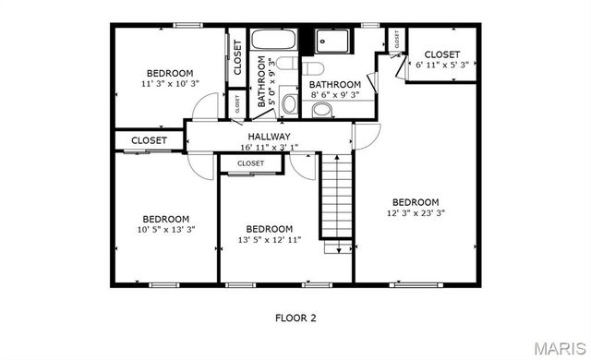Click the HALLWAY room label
(x=269, y=137)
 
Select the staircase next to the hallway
(x=338, y=198)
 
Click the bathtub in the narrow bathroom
(x=273, y=42)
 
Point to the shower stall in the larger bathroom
(x=331, y=42)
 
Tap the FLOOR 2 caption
(x=295, y=318)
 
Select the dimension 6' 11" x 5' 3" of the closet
(x=443, y=65)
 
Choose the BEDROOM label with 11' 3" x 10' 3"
(x=170, y=73)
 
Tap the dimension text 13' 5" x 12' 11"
(x=269, y=240)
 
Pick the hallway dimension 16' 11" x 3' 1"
(x=269, y=147)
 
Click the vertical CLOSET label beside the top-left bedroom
(x=237, y=57)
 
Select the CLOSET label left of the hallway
(x=150, y=140)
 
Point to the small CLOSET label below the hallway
(x=250, y=163)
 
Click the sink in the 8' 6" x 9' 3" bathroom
(x=322, y=110)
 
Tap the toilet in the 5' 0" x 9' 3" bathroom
(x=286, y=64)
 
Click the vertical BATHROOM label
(x=261, y=83)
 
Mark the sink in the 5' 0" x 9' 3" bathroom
(x=289, y=102)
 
